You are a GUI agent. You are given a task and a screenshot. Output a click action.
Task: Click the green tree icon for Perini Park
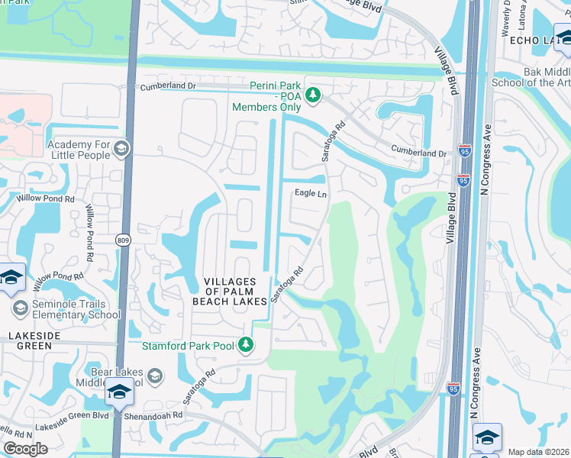click(311, 95)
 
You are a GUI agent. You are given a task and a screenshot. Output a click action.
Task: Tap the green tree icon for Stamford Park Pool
click(246, 346)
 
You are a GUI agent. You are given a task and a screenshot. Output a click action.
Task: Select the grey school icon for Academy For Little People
click(121, 149)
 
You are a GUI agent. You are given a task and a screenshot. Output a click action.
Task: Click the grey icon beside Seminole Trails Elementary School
click(21, 308)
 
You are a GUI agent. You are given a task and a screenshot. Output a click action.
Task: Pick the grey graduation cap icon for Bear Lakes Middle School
click(155, 375)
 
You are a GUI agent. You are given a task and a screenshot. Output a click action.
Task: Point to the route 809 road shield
click(123, 240)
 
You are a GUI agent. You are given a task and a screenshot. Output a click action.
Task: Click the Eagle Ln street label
click(311, 194)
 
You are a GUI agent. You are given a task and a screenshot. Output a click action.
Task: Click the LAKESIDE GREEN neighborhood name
click(31, 340)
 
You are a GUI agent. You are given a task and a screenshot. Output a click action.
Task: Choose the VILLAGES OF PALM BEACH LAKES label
click(237, 291)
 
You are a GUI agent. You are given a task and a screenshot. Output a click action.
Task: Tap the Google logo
click(26, 449)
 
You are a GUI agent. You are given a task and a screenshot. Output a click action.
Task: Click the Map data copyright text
click(538, 452)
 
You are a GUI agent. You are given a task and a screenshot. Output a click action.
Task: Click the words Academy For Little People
click(79, 150)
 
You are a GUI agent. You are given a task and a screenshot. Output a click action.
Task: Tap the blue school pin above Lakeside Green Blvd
click(118, 392)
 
